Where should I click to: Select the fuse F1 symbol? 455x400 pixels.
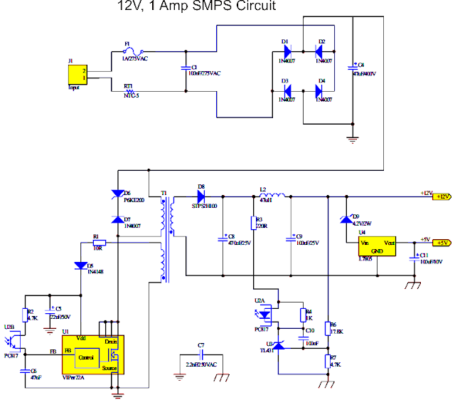[134, 51]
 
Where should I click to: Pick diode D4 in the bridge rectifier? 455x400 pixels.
[321, 91]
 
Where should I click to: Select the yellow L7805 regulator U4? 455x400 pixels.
[377, 247]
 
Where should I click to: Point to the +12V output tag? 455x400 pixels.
[441, 196]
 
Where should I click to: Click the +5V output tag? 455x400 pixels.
[441, 242]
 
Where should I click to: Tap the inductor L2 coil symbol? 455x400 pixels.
[273, 196]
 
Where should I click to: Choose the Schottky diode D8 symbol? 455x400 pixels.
[201, 195]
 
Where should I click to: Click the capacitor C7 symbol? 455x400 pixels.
[201, 354]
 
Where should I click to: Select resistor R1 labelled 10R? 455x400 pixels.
[99, 242]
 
